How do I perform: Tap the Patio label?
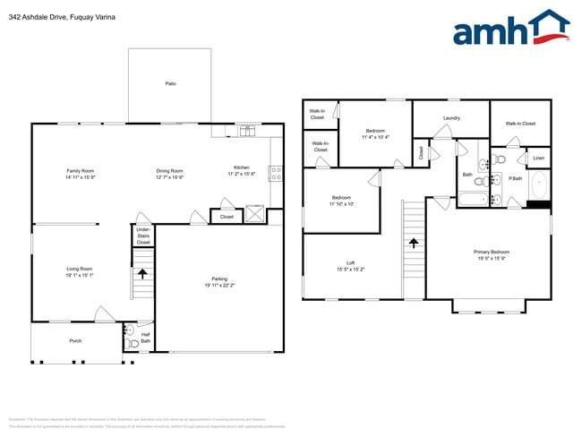click(170, 83)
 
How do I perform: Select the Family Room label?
click(80, 171)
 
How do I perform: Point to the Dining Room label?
click(170, 171)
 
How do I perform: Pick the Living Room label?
click(80, 269)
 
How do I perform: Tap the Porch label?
click(76, 341)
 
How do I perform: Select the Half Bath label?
click(145, 338)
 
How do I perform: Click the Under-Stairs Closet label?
click(143, 236)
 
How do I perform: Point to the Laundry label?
click(451, 117)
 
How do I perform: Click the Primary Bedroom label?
click(492, 252)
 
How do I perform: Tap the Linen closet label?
click(538, 159)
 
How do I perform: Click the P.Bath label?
click(516, 178)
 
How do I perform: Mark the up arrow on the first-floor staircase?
click(140, 273)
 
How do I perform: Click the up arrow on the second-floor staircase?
click(414, 243)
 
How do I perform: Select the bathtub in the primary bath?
click(540, 185)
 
